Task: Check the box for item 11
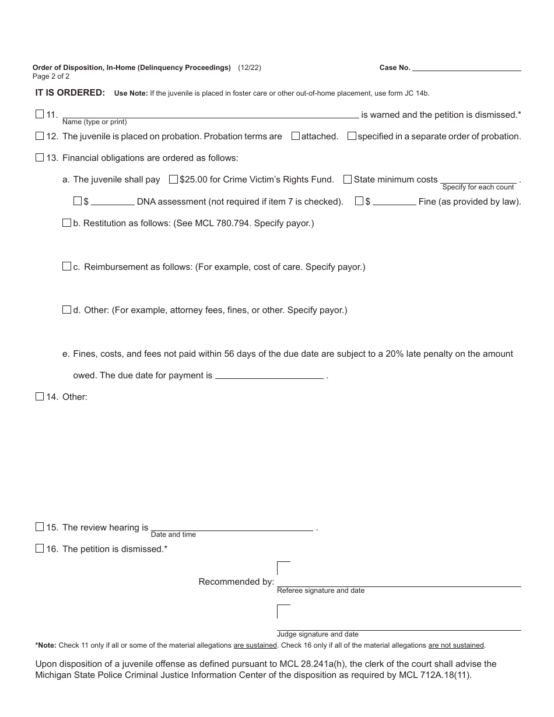(x=40, y=115)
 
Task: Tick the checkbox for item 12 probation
(x=40, y=136)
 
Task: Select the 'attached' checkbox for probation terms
(x=296, y=136)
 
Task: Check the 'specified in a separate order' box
(x=352, y=136)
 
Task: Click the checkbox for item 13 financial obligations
(x=40, y=157)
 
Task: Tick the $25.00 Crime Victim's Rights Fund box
(x=173, y=180)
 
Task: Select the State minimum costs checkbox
(x=348, y=180)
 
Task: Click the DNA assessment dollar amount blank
(x=113, y=202)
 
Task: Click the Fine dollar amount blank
(x=394, y=202)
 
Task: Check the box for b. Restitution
(x=66, y=223)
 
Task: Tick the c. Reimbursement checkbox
(x=66, y=266)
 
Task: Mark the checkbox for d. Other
(x=66, y=310)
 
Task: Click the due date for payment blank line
(x=269, y=375)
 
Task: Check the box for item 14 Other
(x=40, y=396)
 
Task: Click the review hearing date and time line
(x=232, y=527)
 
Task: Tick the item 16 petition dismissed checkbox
(x=40, y=549)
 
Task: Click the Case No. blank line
(x=467, y=68)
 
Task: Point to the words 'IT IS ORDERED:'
(x=71, y=93)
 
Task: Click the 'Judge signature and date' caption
(x=318, y=634)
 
